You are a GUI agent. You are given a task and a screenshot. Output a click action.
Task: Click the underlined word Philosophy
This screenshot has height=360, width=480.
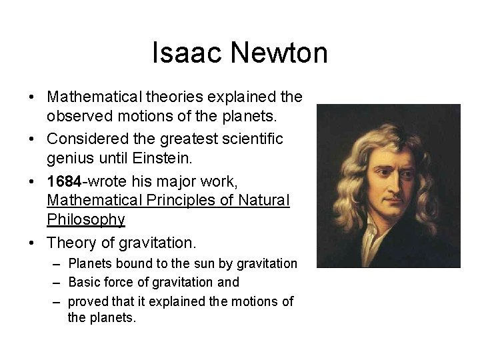pos(85,219)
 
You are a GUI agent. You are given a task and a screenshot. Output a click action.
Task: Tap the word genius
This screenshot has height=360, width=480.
pos(69,158)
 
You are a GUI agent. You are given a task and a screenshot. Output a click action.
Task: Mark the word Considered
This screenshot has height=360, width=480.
pos(85,139)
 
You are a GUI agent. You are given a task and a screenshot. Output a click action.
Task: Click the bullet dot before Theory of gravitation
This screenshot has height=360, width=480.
pos(33,241)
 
